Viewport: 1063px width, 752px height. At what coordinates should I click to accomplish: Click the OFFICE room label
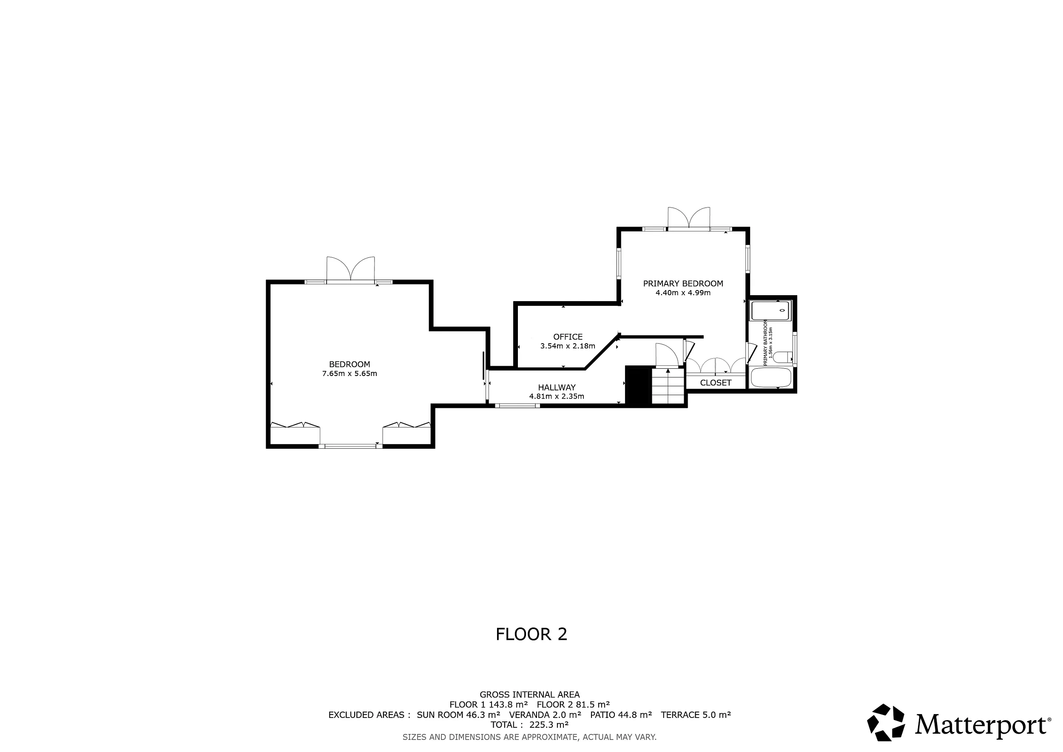[568, 337]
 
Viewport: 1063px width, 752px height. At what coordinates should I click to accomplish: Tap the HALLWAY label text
[557, 387]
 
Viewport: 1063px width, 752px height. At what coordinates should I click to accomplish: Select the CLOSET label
[716, 382]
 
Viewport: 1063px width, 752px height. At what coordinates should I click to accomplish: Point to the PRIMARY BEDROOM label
[683, 283]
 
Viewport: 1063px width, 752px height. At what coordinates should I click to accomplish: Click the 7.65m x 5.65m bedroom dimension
[350, 374]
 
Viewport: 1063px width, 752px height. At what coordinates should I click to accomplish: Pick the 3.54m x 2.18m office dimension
[568, 346]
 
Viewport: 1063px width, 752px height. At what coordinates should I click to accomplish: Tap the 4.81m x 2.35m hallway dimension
[557, 396]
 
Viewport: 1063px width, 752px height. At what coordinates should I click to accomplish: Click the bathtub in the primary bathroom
[771, 377]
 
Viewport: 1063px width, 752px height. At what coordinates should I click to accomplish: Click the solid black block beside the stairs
[639, 385]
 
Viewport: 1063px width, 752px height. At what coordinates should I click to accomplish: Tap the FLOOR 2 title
[531, 634]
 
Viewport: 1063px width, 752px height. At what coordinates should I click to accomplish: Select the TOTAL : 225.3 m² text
[530, 725]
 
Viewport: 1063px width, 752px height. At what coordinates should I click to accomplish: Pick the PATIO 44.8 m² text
[621, 715]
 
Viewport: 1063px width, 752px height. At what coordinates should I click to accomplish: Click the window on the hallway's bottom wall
[517, 406]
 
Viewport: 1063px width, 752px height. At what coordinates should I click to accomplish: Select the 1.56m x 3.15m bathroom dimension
[771, 341]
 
